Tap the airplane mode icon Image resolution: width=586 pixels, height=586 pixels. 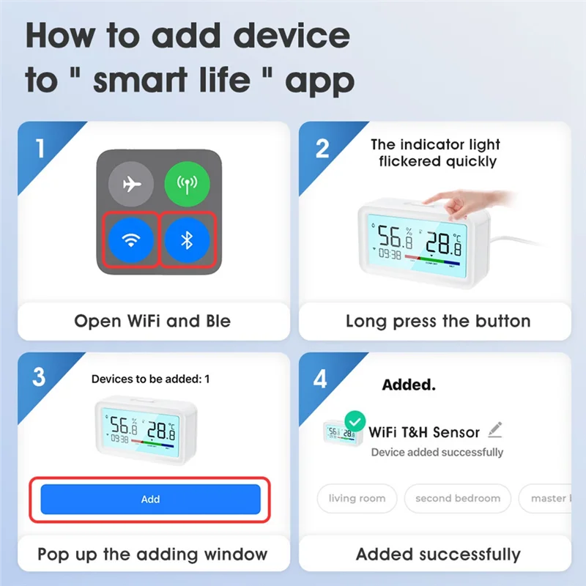pos(131,184)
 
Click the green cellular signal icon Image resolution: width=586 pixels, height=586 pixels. pos(186,184)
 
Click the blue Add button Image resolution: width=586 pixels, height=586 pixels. pos(150,499)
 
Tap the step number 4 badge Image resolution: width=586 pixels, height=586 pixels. pos(321,378)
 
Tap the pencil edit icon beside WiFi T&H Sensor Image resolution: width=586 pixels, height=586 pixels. pos(495,429)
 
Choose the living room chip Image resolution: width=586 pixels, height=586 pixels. pos(357,498)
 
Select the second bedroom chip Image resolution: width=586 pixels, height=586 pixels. pos(458,498)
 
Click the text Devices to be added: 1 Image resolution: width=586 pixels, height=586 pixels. pos(150,379)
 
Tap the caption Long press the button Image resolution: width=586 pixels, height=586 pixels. pos(437,321)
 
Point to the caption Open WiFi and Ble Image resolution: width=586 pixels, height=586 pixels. pos(152,321)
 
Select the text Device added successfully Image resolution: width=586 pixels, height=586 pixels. pos(437,452)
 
